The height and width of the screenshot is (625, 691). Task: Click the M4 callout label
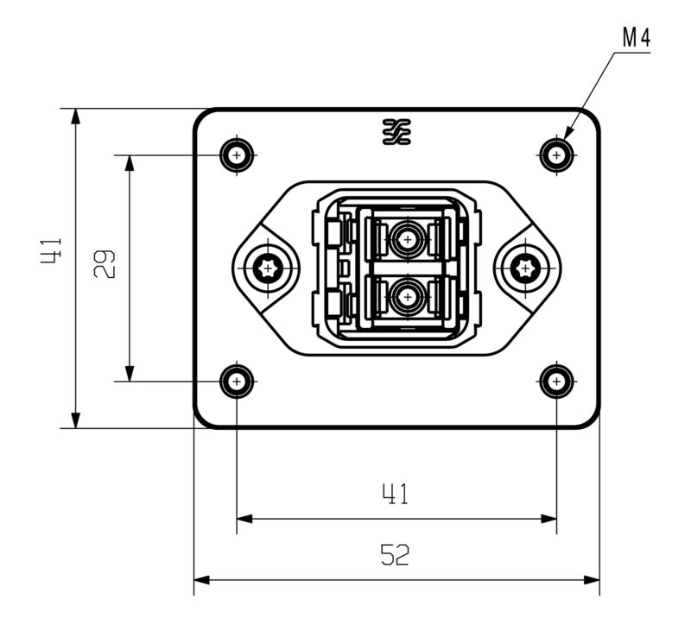coord(635,39)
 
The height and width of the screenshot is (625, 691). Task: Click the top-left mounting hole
coord(237,155)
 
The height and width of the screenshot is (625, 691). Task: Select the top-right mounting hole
coord(557,155)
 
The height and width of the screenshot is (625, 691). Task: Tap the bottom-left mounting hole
coord(237,381)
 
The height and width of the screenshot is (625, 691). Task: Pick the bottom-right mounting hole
coord(557,381)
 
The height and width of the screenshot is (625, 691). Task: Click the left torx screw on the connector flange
coord(268,269)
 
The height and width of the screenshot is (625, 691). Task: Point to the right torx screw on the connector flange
coord(525,269)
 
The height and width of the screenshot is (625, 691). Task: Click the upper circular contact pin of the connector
coord(405,238)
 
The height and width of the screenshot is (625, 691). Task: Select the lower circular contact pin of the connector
coord(405,298)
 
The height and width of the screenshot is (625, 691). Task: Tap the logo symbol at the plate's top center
coord(396,131)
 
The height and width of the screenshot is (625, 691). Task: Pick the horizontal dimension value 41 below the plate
coord(396,495)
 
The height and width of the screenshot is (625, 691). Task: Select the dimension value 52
coord(396,555)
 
